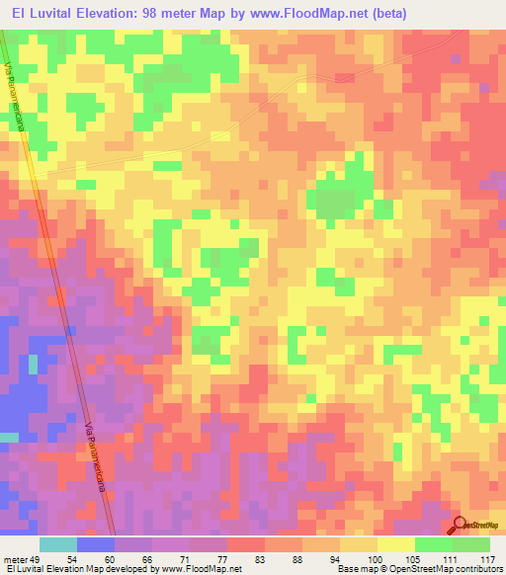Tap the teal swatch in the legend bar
(58, 544)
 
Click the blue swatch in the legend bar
(96, 544)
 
